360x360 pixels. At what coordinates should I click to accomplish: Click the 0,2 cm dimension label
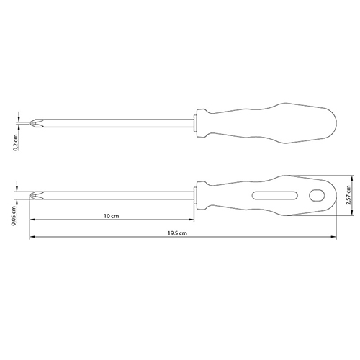[x=16, y=142]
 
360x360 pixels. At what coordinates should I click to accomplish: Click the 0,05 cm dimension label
[x=14, y=216]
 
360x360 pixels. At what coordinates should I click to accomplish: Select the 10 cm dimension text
[x=112, y=216]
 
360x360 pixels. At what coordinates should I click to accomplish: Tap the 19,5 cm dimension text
[x=177, y=233]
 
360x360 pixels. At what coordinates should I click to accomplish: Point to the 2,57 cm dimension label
[x=348, y=195]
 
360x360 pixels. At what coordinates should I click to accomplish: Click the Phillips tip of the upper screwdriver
[x=36, y=123]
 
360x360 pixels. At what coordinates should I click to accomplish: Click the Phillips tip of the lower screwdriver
[x=36, y=195]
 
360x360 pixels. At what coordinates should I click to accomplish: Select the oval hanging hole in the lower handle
[x=317, y=195]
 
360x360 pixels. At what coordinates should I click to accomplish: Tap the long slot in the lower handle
[x=275, y=195]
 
